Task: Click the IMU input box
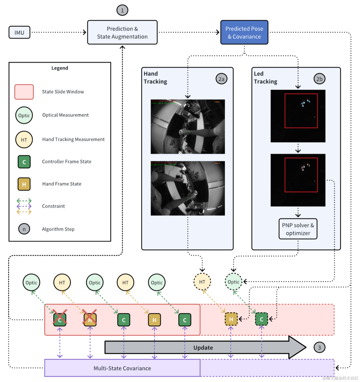point(19,33)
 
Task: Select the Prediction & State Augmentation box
point(122,33)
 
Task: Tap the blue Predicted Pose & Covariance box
point(244,33)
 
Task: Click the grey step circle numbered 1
point(122,10)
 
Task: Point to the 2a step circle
point(221,79)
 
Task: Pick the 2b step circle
point(319,79)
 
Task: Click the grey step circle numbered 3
point(319,348)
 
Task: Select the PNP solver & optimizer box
point(298,229)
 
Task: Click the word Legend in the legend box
point(60,68)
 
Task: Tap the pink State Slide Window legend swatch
point(24,92)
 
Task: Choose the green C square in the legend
point(24,162)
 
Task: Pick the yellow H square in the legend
point(24,184)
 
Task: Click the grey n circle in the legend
point(24,229)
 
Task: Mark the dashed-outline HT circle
point(202,282)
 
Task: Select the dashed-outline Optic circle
point(233,282)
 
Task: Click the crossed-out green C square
point(60,320)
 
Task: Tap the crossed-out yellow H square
point(90,320)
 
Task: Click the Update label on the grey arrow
point(203,348)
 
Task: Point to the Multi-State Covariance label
point(122,368)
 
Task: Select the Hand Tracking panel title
point(155,78)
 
